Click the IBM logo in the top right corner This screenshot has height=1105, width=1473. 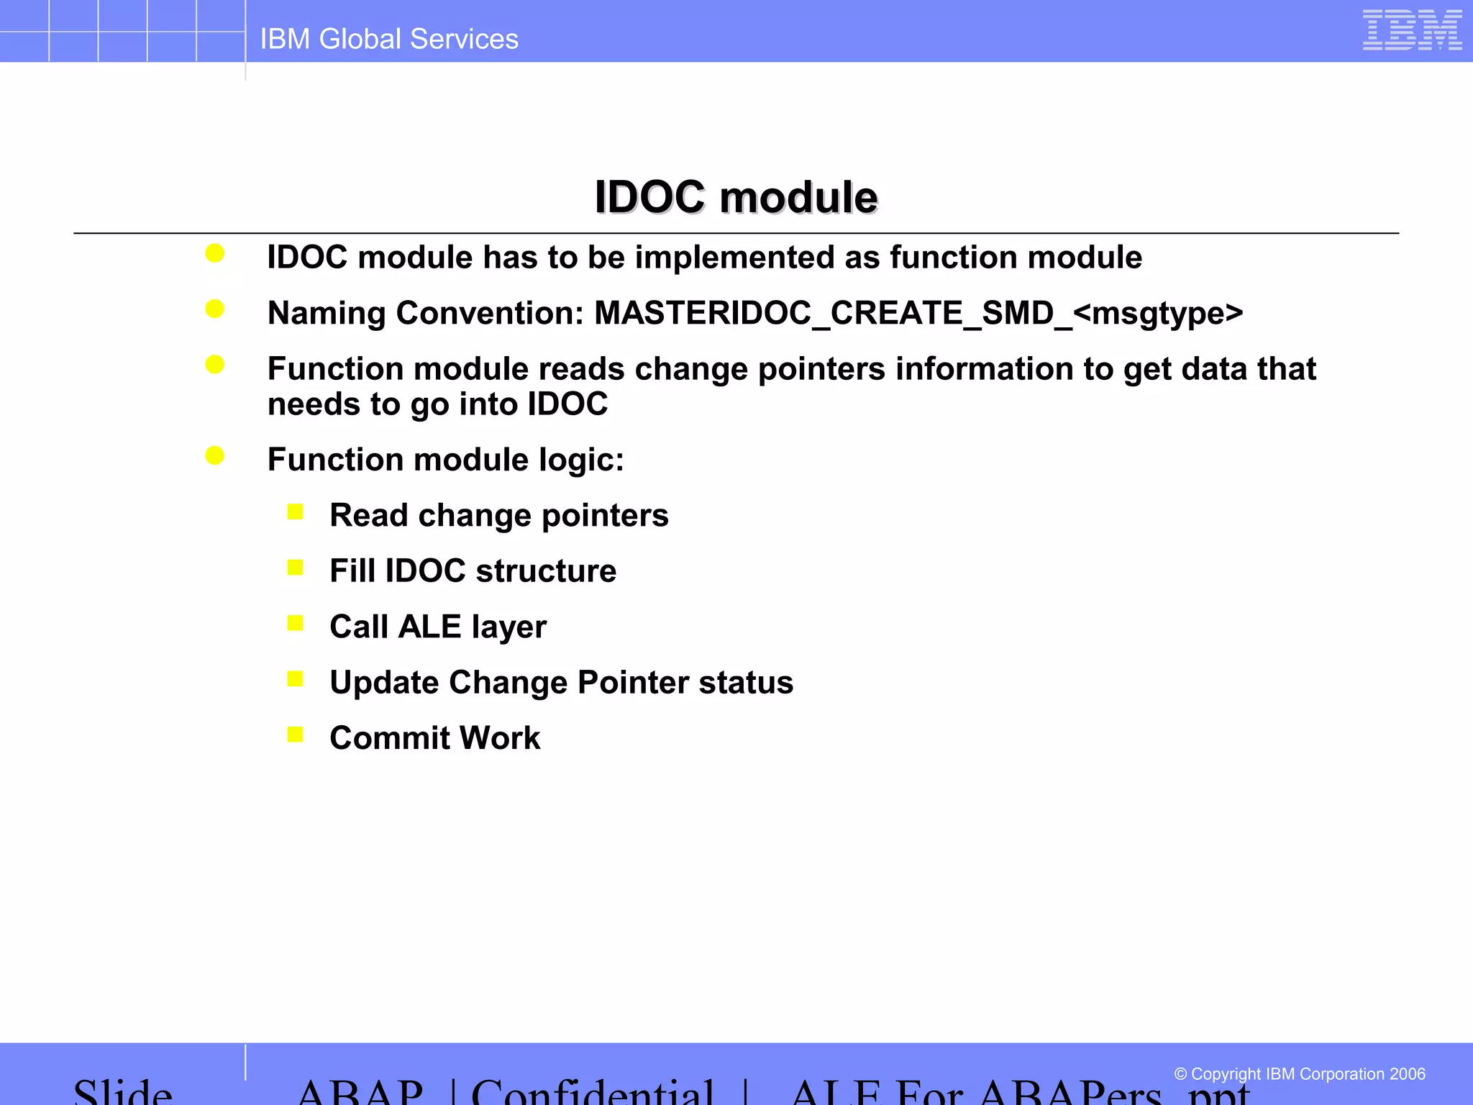pos(1411,31)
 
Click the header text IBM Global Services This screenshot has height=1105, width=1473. pos(389,39)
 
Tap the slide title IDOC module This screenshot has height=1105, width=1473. pos(736,197)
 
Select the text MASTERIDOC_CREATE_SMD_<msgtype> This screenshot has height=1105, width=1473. pos(918,314)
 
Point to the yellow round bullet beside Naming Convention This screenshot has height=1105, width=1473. pos(214,309)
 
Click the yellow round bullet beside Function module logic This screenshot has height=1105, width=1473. pos(214,455)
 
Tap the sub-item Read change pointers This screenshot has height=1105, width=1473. pos(498,516)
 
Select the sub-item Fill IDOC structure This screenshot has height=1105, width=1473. pos(473,571)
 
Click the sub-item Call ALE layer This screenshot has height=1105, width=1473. pos(438,627)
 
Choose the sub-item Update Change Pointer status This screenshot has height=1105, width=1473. pos(561,683)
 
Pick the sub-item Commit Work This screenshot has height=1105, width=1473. pos(434,738)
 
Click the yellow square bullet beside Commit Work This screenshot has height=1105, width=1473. pos(295,735)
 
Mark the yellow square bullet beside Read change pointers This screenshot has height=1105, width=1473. pos(295,512)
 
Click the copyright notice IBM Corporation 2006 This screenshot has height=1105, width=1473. pos(1299,1074)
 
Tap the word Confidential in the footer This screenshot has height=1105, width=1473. pos(593,1093)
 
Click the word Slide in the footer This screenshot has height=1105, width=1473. pos(123,1093)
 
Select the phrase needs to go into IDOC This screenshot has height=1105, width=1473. pos(437,404)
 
